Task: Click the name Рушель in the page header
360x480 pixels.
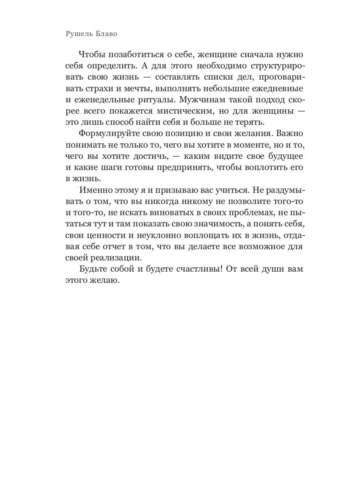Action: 78,34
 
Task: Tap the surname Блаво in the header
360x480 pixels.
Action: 106,34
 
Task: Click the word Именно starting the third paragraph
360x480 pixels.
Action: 96,189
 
